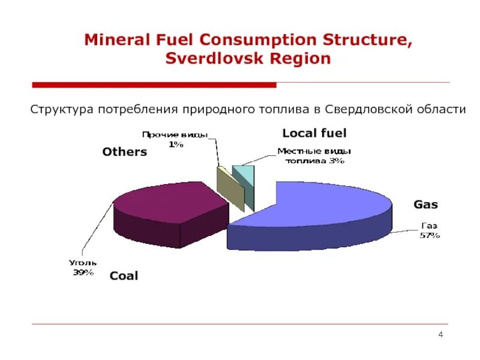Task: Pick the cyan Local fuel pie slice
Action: [x=246, y=180]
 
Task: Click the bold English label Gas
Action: [x=425, y=205]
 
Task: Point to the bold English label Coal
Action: [x=124, y=276]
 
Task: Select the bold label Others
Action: [x=124, y=152]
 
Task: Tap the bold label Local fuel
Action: [x=314, y=133]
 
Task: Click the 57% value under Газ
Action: [x=430, y=235]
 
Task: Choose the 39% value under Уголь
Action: [x=83, y=272]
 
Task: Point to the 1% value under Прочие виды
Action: [x=176, y=145]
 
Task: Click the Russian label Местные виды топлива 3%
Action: [x=314, y=156]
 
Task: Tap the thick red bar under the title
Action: [x=154, y=85]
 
